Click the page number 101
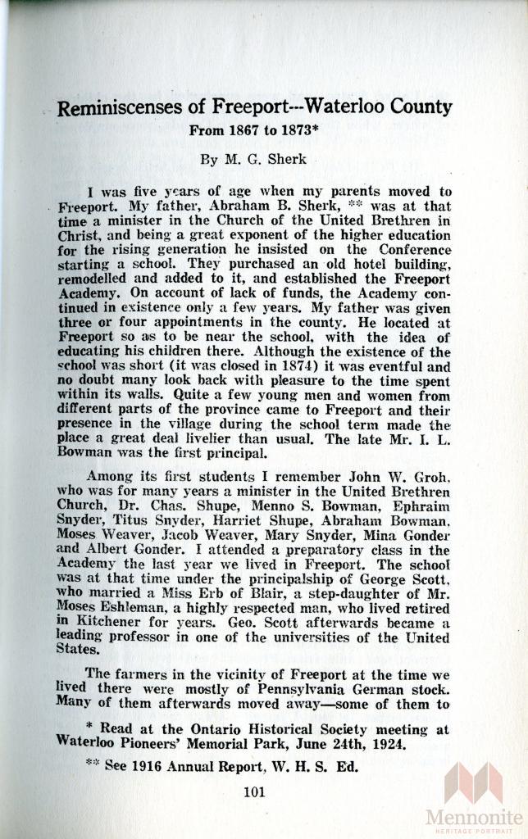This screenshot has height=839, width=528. click(x=257, y=791)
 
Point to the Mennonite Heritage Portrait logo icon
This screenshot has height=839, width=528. click(x=474, y=782)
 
